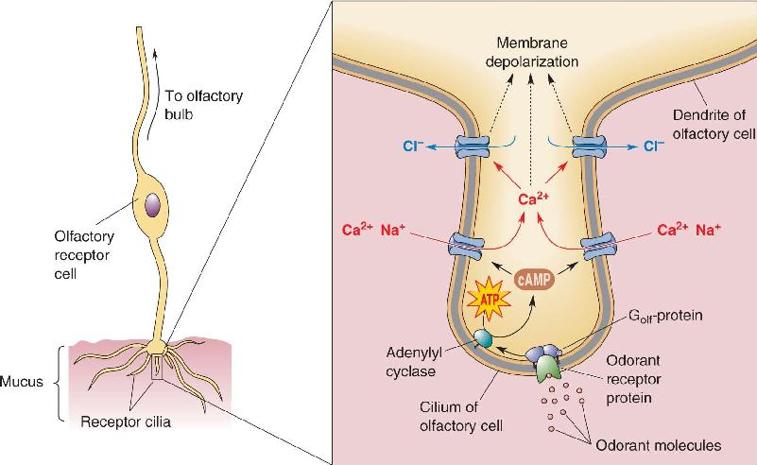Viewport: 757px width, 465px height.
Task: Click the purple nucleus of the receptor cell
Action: pos(152,205)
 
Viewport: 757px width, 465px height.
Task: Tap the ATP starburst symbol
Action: pos(489,300)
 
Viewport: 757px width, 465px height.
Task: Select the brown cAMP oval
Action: pos(534,280)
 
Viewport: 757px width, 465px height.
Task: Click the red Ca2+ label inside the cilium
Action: pos(533,198)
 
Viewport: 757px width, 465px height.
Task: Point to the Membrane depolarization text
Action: pos(531,52)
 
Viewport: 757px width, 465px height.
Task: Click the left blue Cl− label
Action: pos(413,146)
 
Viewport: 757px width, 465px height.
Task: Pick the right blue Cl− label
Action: pos(654,146)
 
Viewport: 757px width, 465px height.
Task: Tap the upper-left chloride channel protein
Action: pos(473,146)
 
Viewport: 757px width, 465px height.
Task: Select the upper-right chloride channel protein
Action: pos(589,146)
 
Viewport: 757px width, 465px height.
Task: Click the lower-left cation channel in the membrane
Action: pos(466,243)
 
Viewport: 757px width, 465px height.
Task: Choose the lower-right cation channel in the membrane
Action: pos(598,245)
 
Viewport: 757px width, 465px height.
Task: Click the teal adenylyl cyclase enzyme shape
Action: pos(483,338)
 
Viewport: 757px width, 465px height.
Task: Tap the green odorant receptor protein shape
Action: pos(549,368)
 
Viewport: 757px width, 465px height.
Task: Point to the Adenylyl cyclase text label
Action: pos(414,362)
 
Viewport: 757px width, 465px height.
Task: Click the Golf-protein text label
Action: pos(665,317)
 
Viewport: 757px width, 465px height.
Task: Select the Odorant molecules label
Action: pos(659,445)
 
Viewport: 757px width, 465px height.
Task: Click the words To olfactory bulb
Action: pos(203,105)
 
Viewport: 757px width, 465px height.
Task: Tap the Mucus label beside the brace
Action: pos(21,382)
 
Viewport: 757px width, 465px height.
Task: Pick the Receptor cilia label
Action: pos(126,422)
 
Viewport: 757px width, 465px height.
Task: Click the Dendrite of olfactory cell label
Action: pos(714,124)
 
